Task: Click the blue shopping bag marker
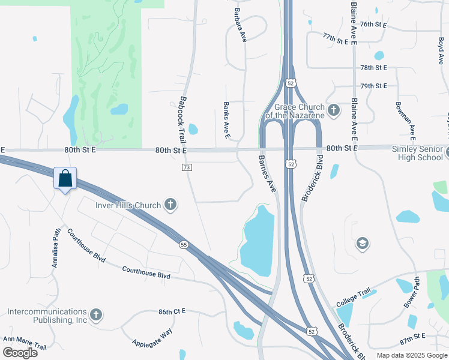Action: tap(65, 178)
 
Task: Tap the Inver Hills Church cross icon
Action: tap(170, 205)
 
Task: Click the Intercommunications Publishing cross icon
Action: tap(95, 315)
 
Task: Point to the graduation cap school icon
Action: tap(362, 243)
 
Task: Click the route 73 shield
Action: tap(187, 167)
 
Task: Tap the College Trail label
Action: tap(354, 298)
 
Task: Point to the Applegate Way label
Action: tap(152, 338)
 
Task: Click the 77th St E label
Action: tap(336, 38)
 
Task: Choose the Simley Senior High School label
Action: tap(417, 153)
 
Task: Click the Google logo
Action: tap(20, 352)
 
